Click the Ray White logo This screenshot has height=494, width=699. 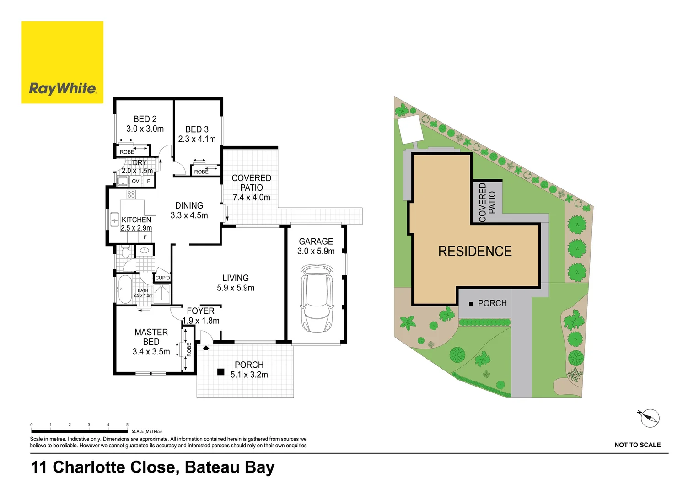pos(62,63)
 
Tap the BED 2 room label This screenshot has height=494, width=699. pos(145,119)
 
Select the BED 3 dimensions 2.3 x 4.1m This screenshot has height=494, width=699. pos(197,139)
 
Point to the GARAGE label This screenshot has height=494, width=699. pos(316,242)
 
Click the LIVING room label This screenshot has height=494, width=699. pos(236,278)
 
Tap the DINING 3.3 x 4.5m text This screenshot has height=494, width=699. pos(189,211)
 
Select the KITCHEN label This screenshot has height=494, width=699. pos(136,220)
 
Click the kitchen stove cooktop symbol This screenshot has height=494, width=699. pos(131,194)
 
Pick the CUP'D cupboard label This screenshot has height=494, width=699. pos(162,278)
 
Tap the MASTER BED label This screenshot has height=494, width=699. pos(151,337)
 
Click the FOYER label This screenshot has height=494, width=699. pos(200,311)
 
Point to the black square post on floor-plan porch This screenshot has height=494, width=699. pos(220,372)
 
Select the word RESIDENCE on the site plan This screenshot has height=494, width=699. pos(475,251)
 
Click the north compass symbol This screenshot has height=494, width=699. pos(649,418)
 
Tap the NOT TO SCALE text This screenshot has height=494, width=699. pos(637,445)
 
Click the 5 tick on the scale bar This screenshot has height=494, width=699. pos(127,425)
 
